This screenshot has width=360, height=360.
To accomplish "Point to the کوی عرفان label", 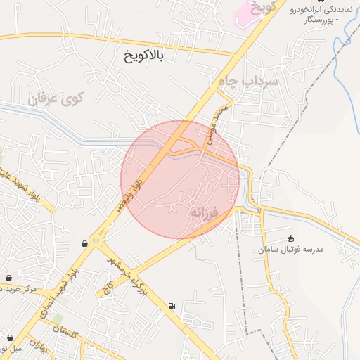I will pyautogui.click(x=56, y=98).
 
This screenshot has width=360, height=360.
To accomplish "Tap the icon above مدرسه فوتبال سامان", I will pyautogui.click(x=290, y=238).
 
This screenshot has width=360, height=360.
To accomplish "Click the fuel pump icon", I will pyautogui.click(x=172, y=306).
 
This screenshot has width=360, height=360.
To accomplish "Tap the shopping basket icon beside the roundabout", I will pyautogui.click(x=85, y=243).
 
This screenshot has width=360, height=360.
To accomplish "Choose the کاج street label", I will pyautogui.click(x=109, y=286).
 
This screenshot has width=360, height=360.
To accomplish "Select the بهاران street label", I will pyautogui.click(x=40, y=347).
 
